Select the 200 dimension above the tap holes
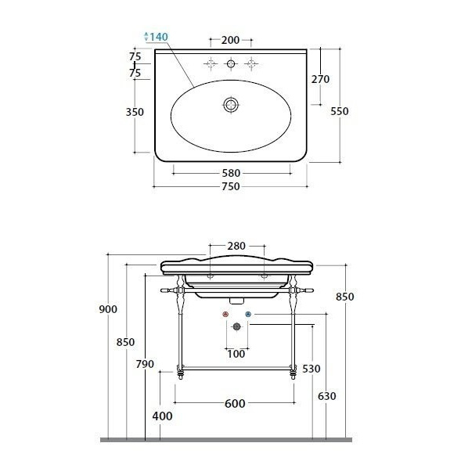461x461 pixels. pyautogui.click(x=230, y=40)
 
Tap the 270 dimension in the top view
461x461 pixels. pyautogui.click(x=320, y=79)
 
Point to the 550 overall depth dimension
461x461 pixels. pyautogui.click(x=340, y=111)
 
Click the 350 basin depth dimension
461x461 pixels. pyautogui.click(x=135, y=112)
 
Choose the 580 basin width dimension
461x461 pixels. pyautogui.click(x=231, y=173)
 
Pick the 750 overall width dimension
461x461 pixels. pyautogui.click(x=231, y=186)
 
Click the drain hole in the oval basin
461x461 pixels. pyautogui.click(x=231, y=105)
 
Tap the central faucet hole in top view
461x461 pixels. pyautogui.click(x=231, y=64)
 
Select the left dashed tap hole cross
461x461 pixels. pyautogui.click(x=211, y=64)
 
